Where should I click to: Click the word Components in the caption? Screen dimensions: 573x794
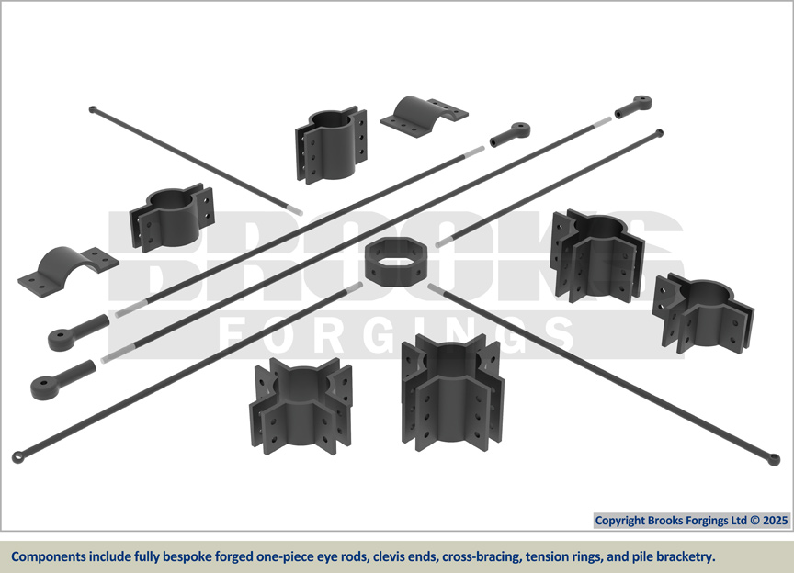[50, 556]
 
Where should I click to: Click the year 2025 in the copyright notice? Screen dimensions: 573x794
[774, 521]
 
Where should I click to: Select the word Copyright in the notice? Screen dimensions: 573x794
[622, 521]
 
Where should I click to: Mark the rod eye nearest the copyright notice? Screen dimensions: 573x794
[774, 459]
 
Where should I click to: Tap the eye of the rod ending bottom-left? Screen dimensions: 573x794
[18, 456]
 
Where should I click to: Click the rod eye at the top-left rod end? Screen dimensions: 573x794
[93, 110]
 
